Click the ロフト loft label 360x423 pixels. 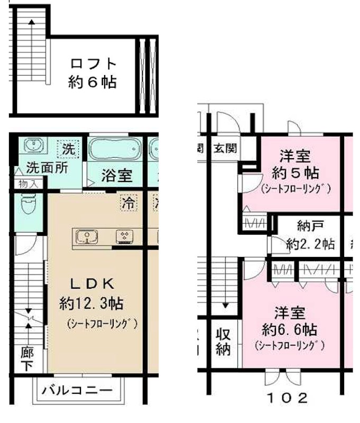click(93, 64)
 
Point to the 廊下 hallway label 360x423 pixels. click(27, 359)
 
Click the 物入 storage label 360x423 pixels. click(27, 185)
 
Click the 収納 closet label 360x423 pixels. click(223, 342)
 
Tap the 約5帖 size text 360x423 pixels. click(295, 173)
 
